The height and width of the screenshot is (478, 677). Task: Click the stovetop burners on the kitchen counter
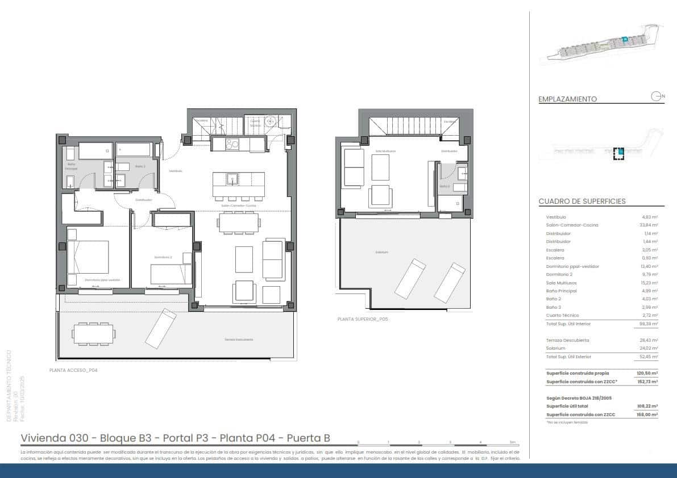point(232,144)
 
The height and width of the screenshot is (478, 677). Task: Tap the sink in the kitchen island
point(231,179)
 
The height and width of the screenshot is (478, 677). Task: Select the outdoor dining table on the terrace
point(92,333)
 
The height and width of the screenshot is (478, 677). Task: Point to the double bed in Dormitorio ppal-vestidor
point(88,257)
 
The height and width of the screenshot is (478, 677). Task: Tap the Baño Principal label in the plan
point(72,166)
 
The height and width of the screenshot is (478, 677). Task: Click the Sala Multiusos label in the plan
point(385,152)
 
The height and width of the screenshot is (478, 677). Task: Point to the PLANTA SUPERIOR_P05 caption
point(363,320)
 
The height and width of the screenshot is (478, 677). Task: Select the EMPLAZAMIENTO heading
point(567,99)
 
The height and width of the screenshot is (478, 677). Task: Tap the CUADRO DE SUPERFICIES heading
point(582,201)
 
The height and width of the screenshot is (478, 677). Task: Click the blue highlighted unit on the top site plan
point(624,39)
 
